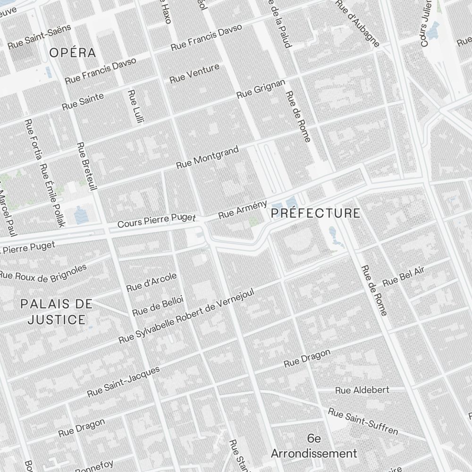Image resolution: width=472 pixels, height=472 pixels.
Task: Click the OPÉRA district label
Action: (x=73, y=52)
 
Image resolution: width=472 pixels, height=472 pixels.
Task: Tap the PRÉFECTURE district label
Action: (x=316, y=213)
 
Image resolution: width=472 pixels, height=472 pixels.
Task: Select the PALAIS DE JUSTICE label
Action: (x=57, y=312)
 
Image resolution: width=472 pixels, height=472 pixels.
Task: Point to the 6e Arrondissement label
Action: (x=314, y=446)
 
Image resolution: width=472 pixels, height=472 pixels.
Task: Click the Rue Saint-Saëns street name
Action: (x=39, y=37)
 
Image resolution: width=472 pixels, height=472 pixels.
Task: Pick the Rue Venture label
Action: (x=194, y=74)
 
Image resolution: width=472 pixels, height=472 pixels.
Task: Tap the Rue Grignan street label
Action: (x=261, y=88)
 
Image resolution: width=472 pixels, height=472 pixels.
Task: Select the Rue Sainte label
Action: (x=83, y=102)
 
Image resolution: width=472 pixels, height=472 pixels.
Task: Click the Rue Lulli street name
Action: (x=135, y=106)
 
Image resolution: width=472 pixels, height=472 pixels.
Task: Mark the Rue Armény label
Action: (x=243, y=210)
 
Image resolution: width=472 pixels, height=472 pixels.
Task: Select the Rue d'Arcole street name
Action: (x=152, y=282)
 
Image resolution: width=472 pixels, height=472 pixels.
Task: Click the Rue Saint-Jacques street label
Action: (x=124, y=381)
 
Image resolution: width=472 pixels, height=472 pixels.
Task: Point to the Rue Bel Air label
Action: (x=404, y=276)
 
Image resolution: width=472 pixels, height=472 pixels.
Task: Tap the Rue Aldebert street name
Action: (x=362, y=390)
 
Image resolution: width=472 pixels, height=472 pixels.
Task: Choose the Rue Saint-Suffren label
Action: (x=363, y=421)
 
